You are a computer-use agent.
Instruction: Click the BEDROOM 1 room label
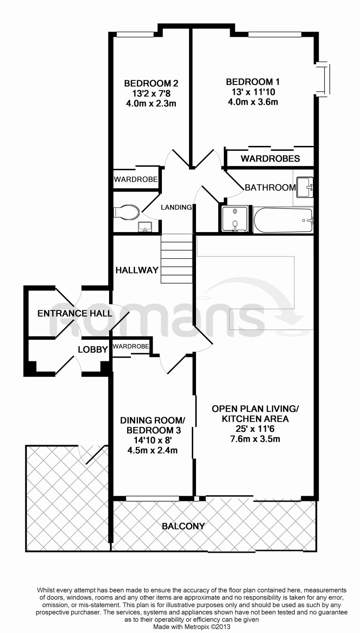click(253, 82)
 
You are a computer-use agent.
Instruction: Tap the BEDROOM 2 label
click(151, 83)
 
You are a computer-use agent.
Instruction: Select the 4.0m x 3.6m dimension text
click(253, 102)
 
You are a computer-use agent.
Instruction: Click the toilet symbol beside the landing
click(126, 212)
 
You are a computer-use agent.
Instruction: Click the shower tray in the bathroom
click(235, 219)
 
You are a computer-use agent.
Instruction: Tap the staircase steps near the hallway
click(177, 258)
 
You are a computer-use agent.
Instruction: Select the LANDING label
click(176, 207)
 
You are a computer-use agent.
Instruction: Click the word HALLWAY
click(137, 270)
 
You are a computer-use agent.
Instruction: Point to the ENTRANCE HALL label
click(75, 313)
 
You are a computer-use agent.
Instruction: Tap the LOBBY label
click(93, 349)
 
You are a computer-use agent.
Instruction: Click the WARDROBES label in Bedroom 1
click(270, 159)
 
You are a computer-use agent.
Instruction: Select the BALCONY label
click(183, 526)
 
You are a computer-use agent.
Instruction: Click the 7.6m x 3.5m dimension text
click(255, 439)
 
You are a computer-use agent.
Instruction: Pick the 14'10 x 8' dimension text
click(152, 440)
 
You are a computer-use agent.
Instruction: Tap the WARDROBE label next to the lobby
click(131, 346)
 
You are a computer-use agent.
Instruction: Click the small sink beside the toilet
click(145, 227)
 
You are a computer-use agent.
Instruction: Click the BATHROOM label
click(270, 187)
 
